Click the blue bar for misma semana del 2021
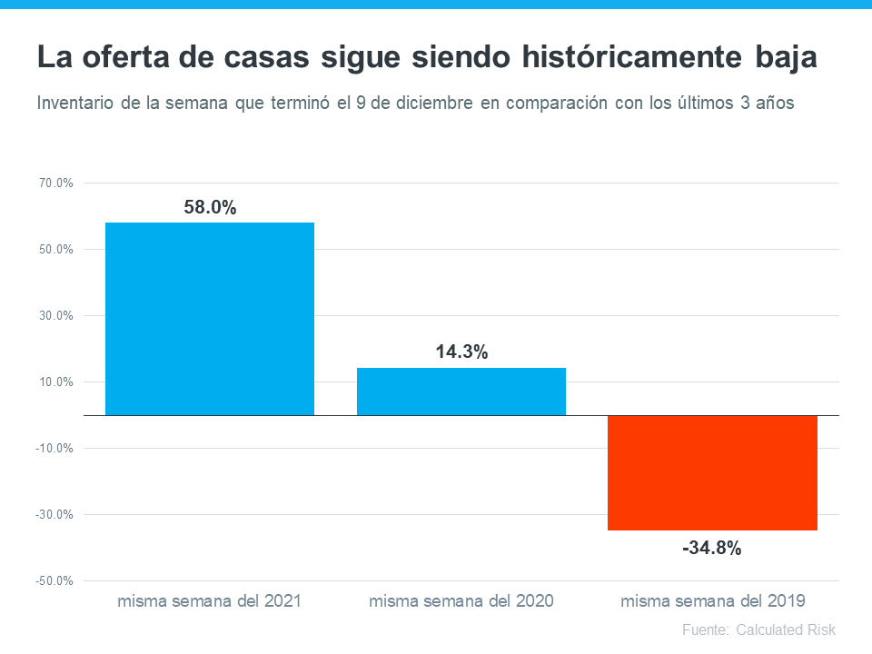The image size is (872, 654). (210, 319)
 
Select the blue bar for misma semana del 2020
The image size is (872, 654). (461, 391)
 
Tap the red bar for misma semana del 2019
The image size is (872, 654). (713, 472)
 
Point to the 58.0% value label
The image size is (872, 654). (210, 208)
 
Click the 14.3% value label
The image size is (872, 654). (461, 352)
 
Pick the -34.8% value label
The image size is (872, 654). (712, 548)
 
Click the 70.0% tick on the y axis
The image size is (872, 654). (56, 183)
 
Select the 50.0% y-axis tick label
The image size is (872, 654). (56, 250)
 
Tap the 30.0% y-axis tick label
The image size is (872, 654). (56, 316)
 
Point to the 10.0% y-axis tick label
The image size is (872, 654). (56, 382)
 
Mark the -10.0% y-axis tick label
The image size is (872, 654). (54, 449)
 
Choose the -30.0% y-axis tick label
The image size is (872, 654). (54, 515)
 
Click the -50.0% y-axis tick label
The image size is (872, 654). (54, 581)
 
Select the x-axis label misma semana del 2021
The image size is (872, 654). (210, 600)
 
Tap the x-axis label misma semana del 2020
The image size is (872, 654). (461, 600)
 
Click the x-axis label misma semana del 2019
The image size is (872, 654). (713, 600)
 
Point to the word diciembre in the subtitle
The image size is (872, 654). (428, 103)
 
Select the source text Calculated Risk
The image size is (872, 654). (786, 629)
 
